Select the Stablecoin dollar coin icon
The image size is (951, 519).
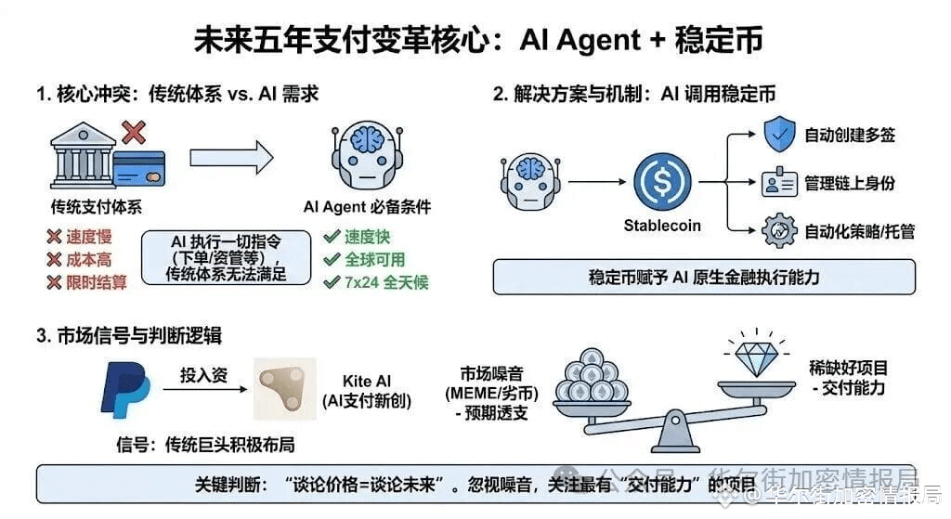(x=662, y=182)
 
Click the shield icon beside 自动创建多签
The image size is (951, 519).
(x=778, y=135)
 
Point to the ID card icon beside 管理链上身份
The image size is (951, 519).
(x=778, y=183)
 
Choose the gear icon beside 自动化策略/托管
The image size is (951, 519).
(x=778, y=230)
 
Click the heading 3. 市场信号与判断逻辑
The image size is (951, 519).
(x=129, y=335)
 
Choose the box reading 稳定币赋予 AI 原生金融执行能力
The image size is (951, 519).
(x=704, y=277)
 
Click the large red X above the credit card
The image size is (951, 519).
(x=134, y=132)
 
